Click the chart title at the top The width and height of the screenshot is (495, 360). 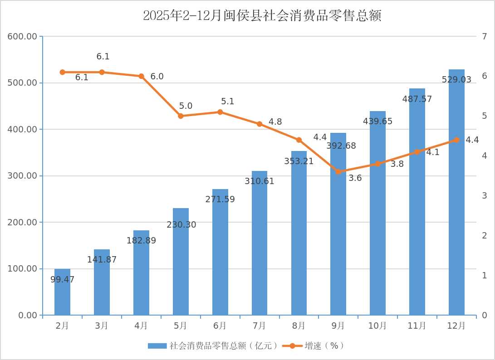click(x=262, y=16)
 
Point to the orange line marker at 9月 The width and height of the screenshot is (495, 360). click(x=338, y=171)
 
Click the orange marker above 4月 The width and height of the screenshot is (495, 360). click(x=141, y=76)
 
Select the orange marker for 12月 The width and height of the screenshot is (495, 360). click(x=456, y=140)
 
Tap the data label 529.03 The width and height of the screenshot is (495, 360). click(x=456, y=80)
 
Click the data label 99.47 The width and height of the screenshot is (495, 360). click(x=62, y=280)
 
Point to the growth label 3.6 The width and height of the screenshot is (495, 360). click(x=355, y=178)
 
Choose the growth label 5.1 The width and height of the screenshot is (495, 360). click(x=227, y=102)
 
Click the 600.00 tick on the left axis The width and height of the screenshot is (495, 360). click(x=23, y=36)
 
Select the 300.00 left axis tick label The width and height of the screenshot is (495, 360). click(x=23, y=176)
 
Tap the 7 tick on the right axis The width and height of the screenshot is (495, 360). click(x=485, y=36)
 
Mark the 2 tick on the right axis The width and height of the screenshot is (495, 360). click(x=485, y=235)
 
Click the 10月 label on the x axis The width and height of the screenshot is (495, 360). click(x=377, y=326)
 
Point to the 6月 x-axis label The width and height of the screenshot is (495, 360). click(x=220, y=326)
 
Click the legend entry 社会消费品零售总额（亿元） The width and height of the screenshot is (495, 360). click(x=213, y=346)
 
